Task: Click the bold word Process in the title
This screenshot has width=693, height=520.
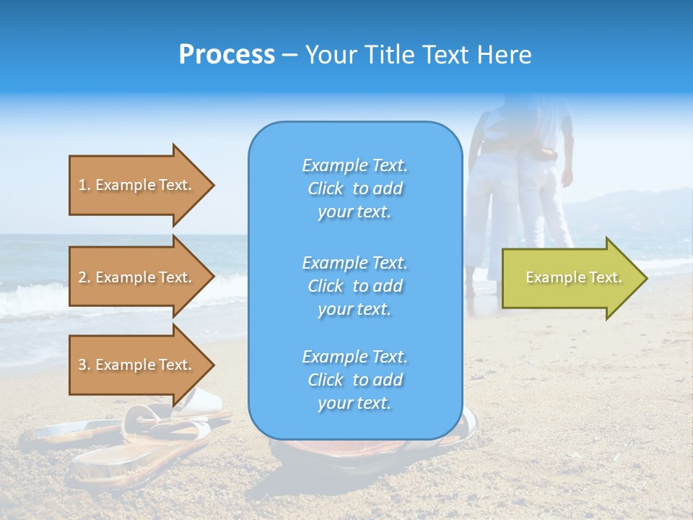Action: coord(227,55)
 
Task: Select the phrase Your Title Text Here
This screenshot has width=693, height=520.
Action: coord(418,55)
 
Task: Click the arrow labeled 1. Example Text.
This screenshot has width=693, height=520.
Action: coord(137,185)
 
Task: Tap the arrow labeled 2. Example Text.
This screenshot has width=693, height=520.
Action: coord(137,277)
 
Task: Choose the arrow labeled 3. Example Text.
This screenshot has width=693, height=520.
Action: coord(137,365)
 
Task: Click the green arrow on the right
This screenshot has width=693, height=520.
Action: coord(570,278)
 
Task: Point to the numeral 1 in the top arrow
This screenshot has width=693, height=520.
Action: coord(82,185)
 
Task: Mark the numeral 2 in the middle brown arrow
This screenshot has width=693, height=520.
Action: coord(82,277)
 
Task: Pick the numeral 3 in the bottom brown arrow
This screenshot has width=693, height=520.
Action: coord(82,365)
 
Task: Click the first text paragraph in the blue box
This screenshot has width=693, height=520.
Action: coord(354,188)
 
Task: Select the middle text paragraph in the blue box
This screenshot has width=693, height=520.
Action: coord(354,286)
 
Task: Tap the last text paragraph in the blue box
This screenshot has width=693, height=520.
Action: coord(354,380)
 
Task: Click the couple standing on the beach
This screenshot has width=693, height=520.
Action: coord(520,188)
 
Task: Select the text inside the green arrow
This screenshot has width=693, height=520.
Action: coord(573,277)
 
